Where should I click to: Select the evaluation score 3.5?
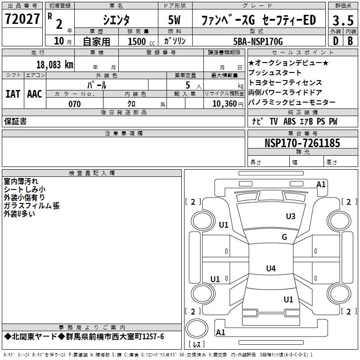pyautogui.click(x=342, y=20)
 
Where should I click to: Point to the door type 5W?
pyautogui.click(x=175, y=20)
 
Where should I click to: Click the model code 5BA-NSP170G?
pyautogui.click(x=258, y=41)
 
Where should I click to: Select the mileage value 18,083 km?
pyautogui.click(x=54, y=64)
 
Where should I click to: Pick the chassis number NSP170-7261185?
pyautogui.click(x=302, y=143)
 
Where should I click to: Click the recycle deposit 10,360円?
pyautogui.click(x=223, y=104)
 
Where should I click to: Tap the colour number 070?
pyautogui.click(x=74, y=104)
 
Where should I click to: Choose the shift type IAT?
pyautogui.click(x=13, y=94)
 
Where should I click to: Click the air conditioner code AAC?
pyautogui.click(x=34, y=94)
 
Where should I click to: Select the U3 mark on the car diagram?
pyautogui.click(x=291, y=216)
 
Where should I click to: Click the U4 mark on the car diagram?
pyautogui.click(x=270, y=269)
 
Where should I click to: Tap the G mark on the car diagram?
pyautogui.click(x=284, y=237)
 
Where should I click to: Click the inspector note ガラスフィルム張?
pyautogui.click(x=31, y=206)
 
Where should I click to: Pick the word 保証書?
pyautogui.click(x=15, y=121)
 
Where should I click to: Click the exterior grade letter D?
pyautogui.click(x=335, y=41)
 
